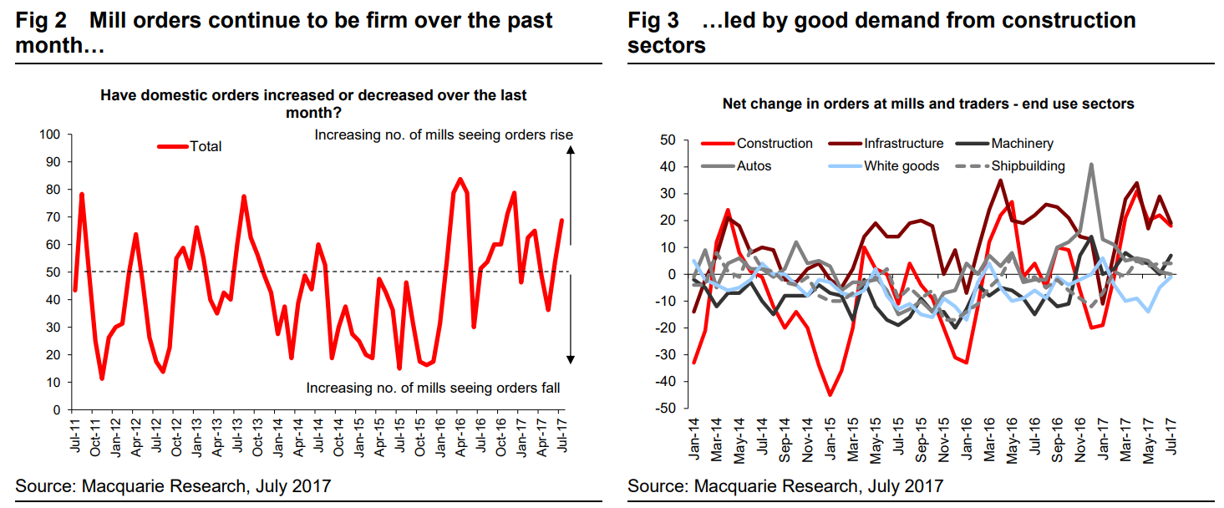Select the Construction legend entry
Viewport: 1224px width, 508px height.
click(774, 144)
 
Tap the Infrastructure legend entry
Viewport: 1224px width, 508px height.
click(903, 144)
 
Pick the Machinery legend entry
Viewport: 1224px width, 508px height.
click(1022, 144)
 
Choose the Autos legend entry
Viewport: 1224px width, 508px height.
click(754, 165)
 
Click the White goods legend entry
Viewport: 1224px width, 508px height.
click(901, 165)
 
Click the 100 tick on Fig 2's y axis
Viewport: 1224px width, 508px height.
click(50, 135)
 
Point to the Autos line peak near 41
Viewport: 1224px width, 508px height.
click(1091, 165)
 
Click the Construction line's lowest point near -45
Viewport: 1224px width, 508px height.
click(830, 394)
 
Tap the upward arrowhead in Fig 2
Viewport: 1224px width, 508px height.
click(570, 150)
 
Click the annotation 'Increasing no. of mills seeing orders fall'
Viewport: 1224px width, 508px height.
click(433, 388)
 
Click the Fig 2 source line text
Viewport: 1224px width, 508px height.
click(174, 485)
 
